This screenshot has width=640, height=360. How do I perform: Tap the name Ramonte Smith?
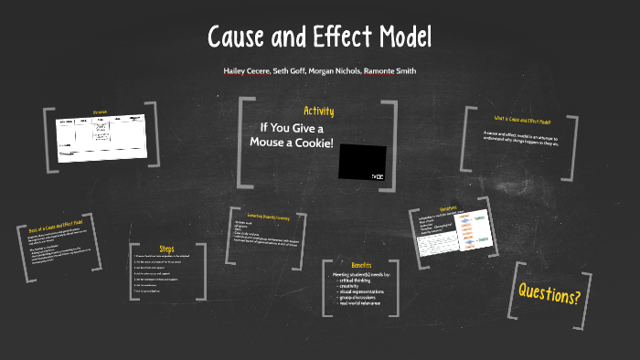pos(388,70)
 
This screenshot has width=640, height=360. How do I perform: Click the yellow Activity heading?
pos(318,111)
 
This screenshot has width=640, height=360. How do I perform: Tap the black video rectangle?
pos(362,157)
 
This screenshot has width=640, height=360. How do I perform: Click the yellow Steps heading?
pos(166,249)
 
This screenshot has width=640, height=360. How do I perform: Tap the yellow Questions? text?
pos(549,294)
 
